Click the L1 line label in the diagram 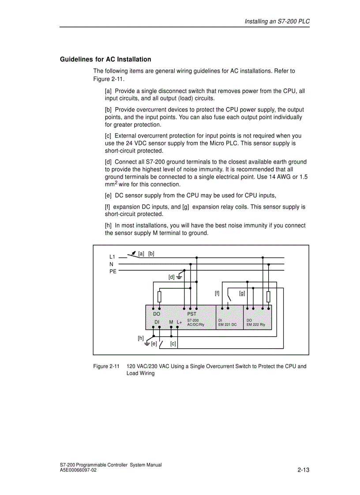coord(112,257)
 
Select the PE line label coord(113,271)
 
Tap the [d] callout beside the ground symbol coord(172,277)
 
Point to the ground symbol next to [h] coord(148,343)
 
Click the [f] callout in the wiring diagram coord(217,293)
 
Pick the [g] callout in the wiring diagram coord(242,293)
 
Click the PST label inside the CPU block coord(191,314)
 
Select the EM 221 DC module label coord(228,324)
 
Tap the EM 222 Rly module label coord(256,324)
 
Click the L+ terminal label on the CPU coord(179,322)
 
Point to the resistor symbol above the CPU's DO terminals coord(159,297)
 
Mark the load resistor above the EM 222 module coord(268,297)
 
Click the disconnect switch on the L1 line coord(131,255)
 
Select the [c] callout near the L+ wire coord(173,344)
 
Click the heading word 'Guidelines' coord(76,60)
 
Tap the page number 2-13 coord(304,470)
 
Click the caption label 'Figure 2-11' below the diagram coord(106,366)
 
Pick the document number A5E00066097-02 coord(78,470)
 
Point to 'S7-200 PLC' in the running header coord(294,22)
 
